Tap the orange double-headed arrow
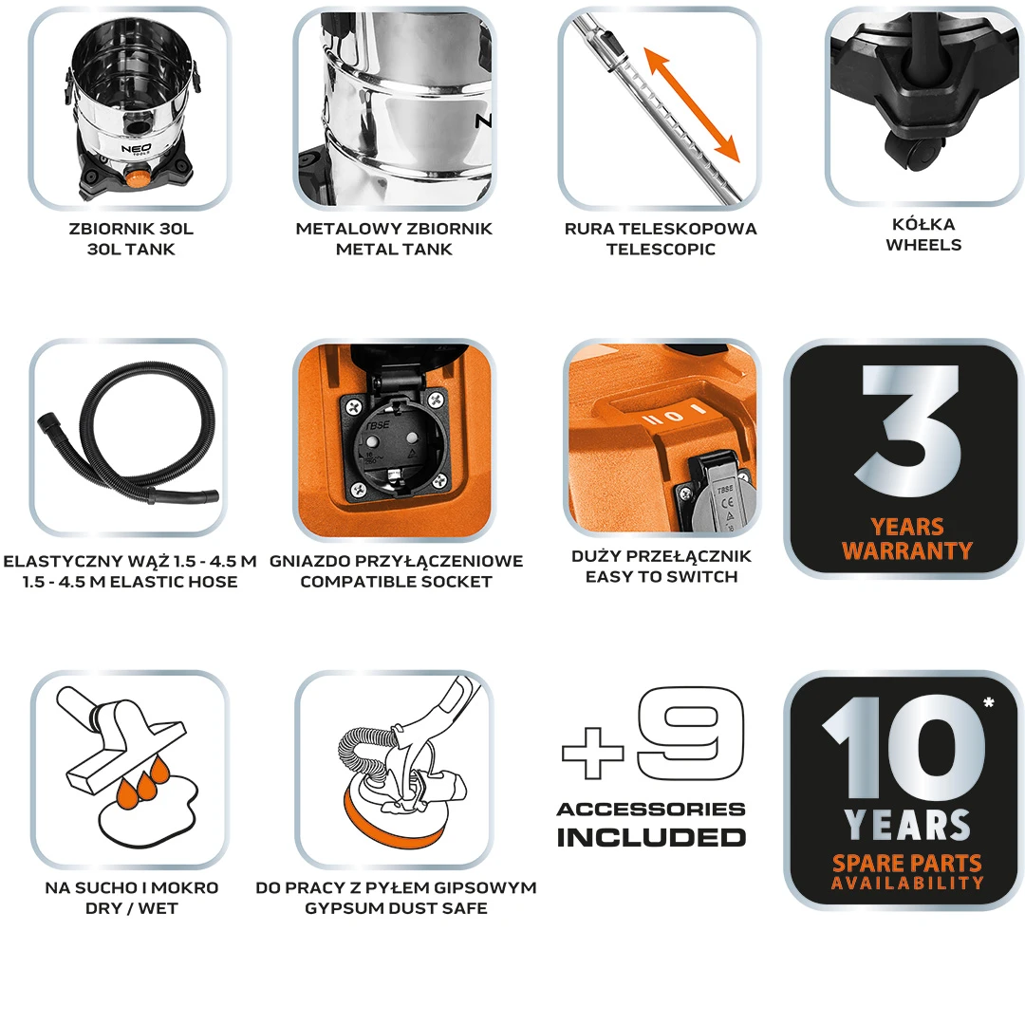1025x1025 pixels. pos(692,104)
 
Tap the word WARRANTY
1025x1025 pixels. pos(907,550)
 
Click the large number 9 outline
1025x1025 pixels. pos(690,733)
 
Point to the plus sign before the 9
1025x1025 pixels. pos(593,753)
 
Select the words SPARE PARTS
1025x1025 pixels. pos(907,863)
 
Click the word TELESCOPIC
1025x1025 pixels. pos(661,249)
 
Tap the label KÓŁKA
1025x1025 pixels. pos(923,224)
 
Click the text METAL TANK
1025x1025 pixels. pos(394,249)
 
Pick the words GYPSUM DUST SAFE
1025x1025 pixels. pos(396,908)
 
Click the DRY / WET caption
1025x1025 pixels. pos(131,908)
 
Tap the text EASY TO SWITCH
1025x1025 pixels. pos(662,577)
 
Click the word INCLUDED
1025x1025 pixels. pos(651,837)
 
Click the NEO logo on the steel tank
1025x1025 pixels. pos(136,149)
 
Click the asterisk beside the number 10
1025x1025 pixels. pos(988,702)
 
